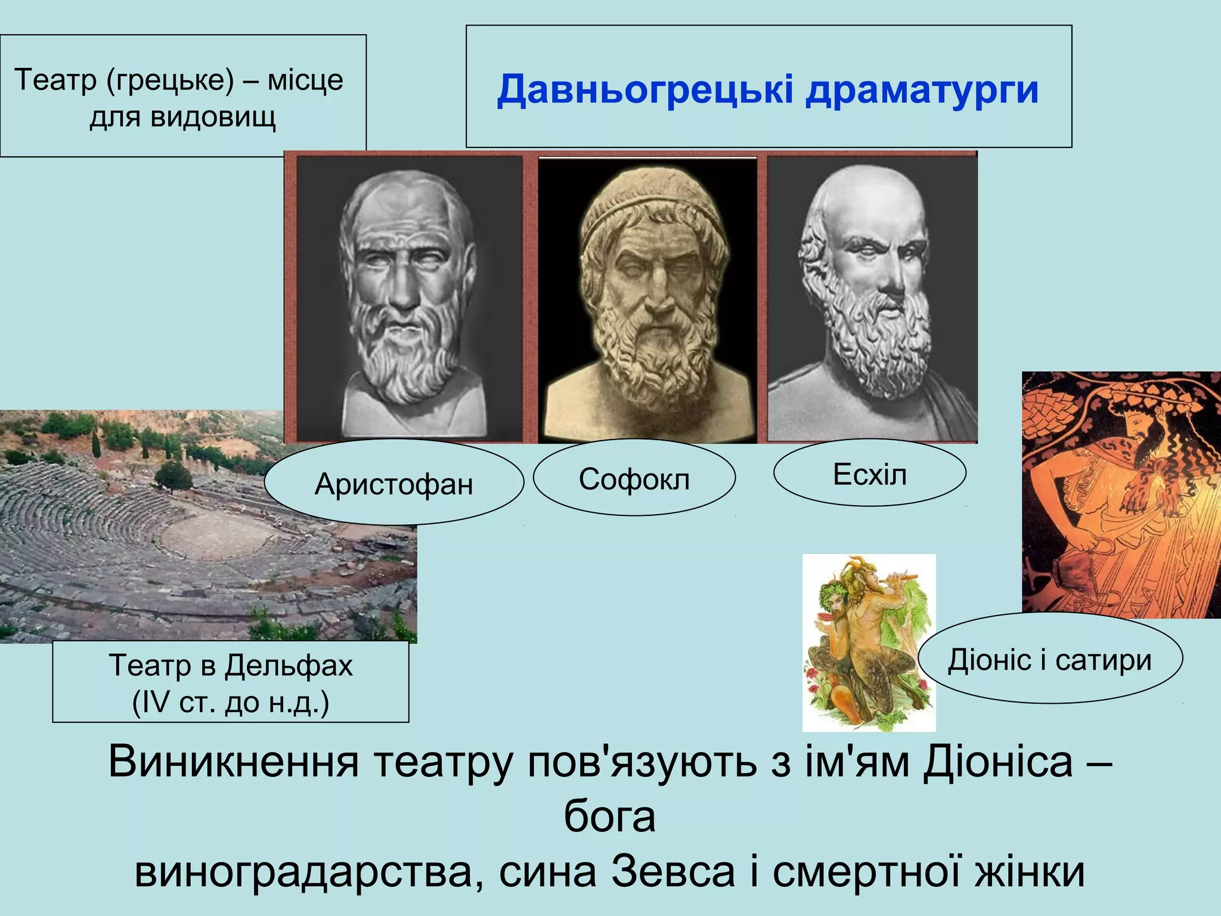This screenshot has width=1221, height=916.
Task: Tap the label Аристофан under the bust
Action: [x=393, y=484]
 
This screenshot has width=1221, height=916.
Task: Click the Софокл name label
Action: [x=634, y=479]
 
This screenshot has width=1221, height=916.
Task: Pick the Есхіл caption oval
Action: [x=869, y=475]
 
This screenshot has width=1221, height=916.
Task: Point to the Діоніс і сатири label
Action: [x=1049, y=660]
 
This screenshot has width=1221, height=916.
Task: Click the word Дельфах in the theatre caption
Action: [x=289, y=665]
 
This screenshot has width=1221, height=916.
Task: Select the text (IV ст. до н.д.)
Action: [x=231, y=702]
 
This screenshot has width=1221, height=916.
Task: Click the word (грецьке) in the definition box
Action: [x=171, y=80]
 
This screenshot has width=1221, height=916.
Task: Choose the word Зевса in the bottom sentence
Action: [x=673, y=872]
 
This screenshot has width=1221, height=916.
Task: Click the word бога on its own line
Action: [x=609, y=816]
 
